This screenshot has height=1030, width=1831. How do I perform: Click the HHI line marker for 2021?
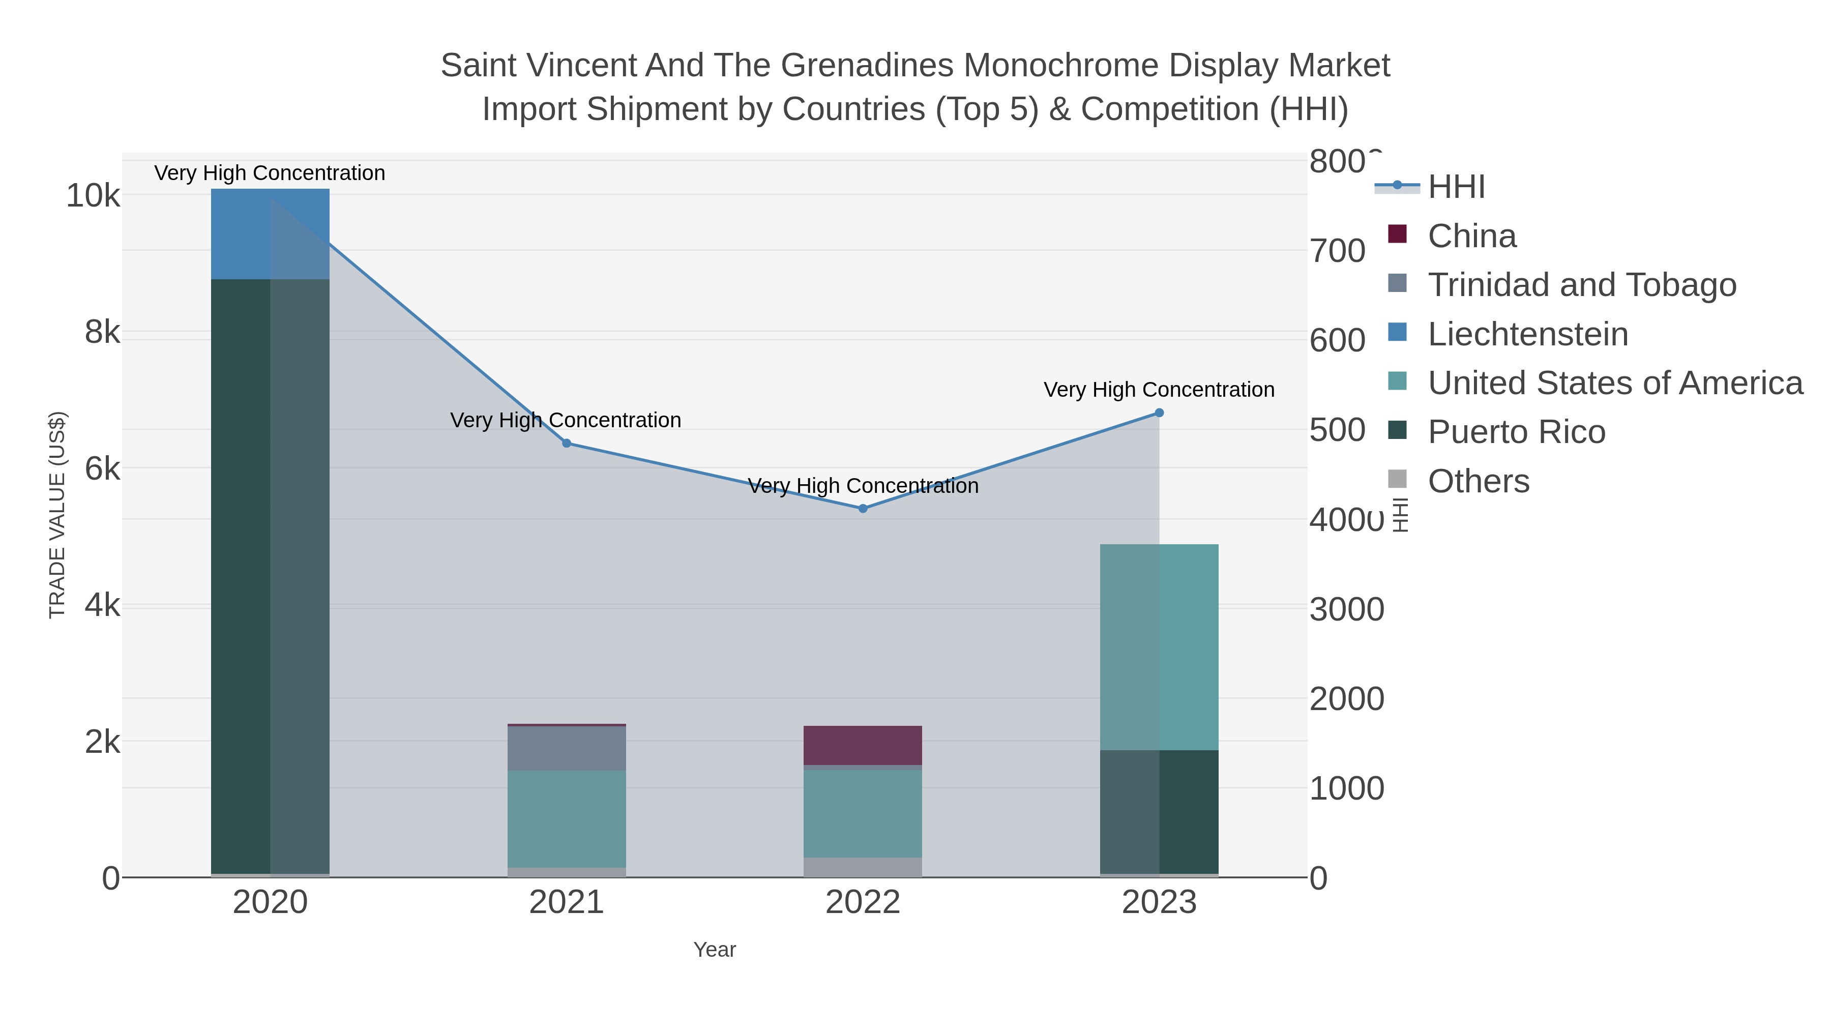tap(567, 443)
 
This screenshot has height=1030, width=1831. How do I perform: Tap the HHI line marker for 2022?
tap(863, 508)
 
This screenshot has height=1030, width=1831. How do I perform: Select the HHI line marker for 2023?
tap(1159, 413)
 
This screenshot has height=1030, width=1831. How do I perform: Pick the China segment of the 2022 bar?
tap(863, 745)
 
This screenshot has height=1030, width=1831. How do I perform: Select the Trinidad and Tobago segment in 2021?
tap(567, 748)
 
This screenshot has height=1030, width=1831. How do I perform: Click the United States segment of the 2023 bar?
tap(1159, 647)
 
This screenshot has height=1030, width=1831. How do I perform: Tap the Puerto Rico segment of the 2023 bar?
tap(1159, 812)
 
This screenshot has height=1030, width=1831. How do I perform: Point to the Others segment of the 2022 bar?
tap(863, 867)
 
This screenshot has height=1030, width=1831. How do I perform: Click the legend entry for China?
tap(1471, 236)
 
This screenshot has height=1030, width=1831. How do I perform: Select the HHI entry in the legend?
tap(1456, 187)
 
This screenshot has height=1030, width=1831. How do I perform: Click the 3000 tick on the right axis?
tap(1346, 609)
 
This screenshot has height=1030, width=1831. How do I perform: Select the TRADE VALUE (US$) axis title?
tap(57, 515)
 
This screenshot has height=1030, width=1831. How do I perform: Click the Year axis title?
tap(715, 950)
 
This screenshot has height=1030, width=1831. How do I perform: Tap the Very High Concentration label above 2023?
tap(1159, 390)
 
